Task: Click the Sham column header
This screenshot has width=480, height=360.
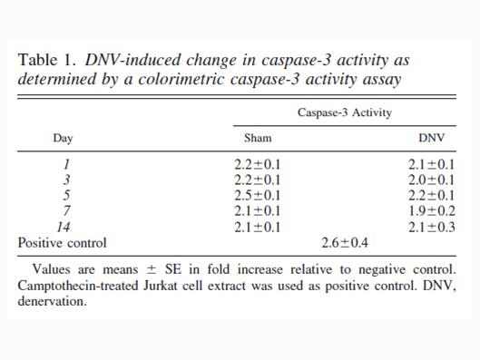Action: point(258,138)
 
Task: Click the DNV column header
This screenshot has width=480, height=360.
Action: point(431,138)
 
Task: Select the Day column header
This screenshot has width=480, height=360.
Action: point(63,138)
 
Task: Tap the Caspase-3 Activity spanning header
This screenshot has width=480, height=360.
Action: point(345,112)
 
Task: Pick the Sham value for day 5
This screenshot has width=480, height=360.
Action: point(258,196)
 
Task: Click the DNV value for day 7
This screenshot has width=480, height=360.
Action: point(432,211)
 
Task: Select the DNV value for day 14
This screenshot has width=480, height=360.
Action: point(432,227)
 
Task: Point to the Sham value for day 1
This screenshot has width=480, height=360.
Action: point(258,164)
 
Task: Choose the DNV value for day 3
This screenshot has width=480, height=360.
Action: point(432,180)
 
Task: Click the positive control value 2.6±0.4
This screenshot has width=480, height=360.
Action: point(345,243)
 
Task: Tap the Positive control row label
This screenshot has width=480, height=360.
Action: point(62,243)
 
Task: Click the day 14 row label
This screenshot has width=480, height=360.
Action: point(64,227)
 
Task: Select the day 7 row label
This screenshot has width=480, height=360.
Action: point(66,211)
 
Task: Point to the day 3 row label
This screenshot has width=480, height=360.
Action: point(66,180)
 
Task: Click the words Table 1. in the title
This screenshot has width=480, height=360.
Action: point(47,60)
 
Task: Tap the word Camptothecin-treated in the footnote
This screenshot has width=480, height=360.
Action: point(78,286)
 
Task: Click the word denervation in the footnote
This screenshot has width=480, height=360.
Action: point(52,301)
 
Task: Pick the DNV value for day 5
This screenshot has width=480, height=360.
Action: point(432,196)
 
